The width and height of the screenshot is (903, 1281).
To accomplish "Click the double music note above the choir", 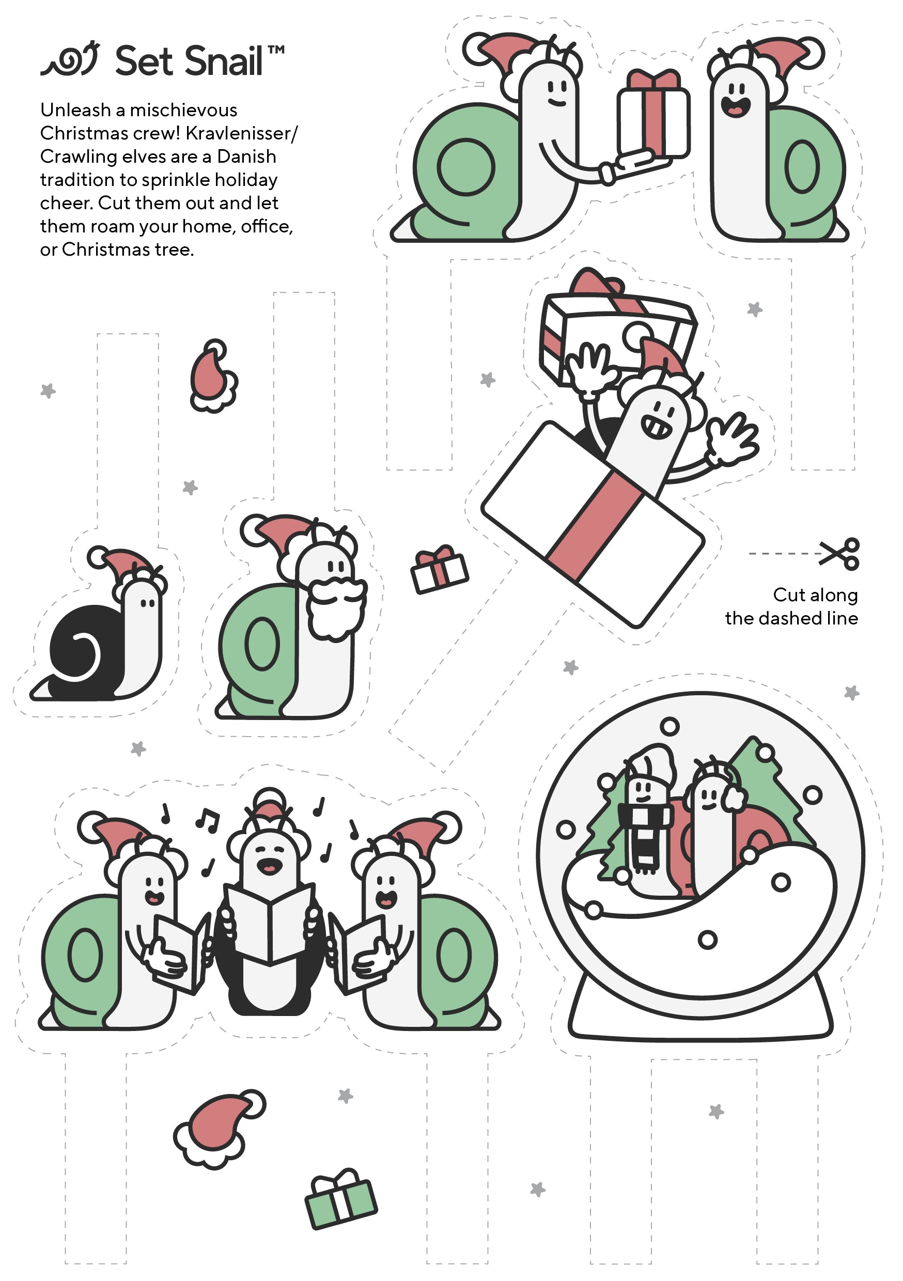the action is click(208, 820).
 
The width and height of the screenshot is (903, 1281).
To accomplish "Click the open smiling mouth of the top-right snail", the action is click(736, 105).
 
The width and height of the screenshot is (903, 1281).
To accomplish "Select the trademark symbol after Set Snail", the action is click(276, 50).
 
